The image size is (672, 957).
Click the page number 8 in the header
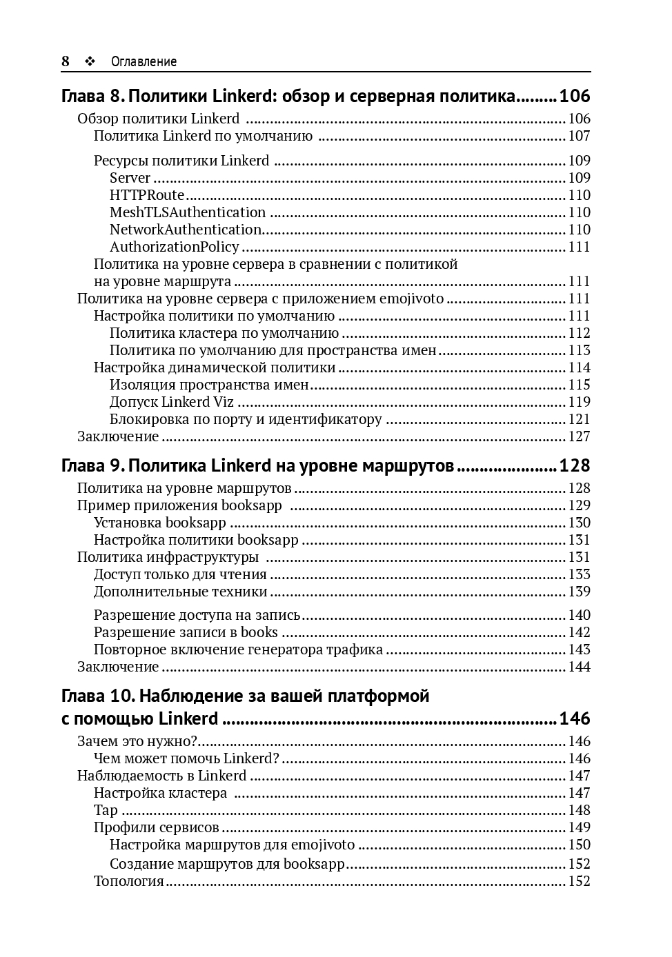[x=66, y=61]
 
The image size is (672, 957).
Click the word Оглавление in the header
[x=144, y=61]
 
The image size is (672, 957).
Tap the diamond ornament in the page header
[x=89, y=61]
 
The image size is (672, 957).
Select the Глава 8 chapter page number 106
[x=575, y=96]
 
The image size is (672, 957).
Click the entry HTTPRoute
[x=147, y=195]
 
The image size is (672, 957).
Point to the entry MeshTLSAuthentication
[x=187, y=212]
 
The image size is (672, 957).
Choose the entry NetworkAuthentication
[x=186, y=230]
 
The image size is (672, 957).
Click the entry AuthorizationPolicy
[x=174, y=247]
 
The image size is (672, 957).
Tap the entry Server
[x=130, y=178]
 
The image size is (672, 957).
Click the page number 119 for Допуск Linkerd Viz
[x=580, y=402]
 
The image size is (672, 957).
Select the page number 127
[x=580, y=436]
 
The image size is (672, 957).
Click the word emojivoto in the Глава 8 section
[x=412, y=299]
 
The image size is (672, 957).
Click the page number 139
[x=580, y=592]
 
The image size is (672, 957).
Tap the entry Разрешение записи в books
[x=186, y=632]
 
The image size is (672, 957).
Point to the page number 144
[x=580, y=667]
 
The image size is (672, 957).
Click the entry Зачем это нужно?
[x=137, y=741]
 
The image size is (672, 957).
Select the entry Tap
[x=106, y=810]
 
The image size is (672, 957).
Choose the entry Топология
[x=129, y=881]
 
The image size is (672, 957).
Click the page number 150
[x=580, y=845]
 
